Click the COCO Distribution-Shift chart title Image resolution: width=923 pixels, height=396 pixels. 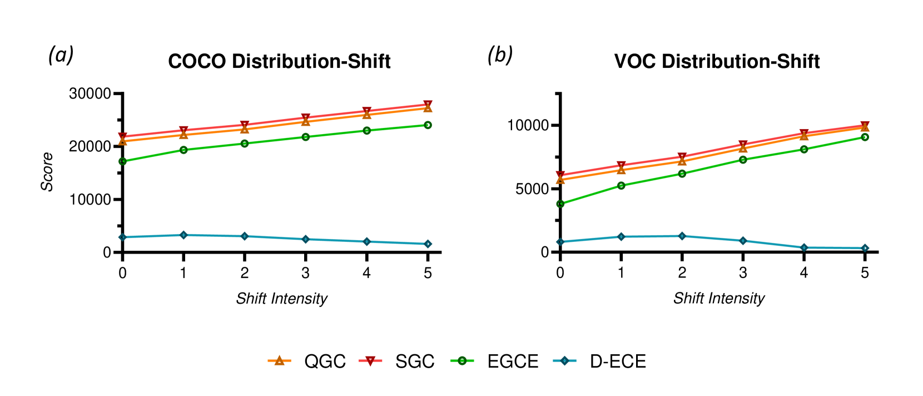[279, 61]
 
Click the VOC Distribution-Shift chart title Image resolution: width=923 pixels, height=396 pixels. [717, 61]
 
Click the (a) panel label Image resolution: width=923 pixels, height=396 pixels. [61, 55]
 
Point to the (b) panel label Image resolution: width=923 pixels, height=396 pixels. [499, 55]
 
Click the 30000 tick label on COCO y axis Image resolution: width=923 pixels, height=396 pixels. [90, 93]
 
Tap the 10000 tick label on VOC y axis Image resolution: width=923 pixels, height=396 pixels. [528, 125]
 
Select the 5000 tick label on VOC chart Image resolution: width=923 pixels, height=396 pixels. [532, 189]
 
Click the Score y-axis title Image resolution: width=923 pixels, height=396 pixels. [47, 172]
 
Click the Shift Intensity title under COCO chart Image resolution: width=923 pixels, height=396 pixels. [281, 299]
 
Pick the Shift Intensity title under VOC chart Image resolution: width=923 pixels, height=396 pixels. [719, 299]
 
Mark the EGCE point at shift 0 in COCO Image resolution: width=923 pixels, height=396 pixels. [122, 161]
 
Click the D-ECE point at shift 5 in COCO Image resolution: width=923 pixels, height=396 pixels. [428, 244]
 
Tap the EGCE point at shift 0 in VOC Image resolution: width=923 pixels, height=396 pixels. [560, 204]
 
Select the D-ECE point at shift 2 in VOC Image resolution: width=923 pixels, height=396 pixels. [682, 236]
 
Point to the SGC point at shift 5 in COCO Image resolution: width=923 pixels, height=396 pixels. [428, 105]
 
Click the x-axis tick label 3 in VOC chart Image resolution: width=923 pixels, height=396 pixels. [743, 273]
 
